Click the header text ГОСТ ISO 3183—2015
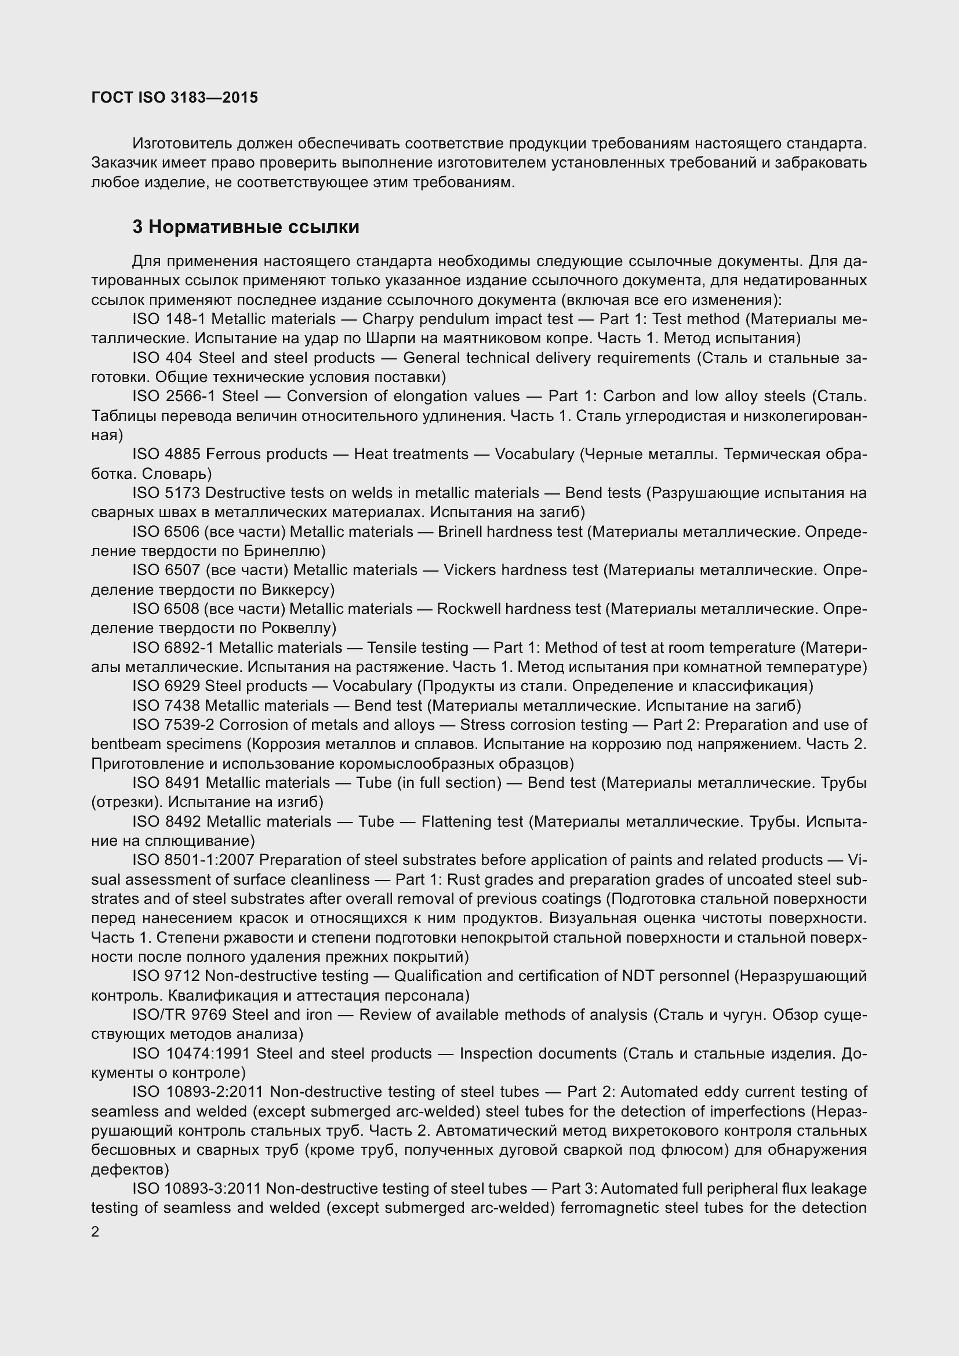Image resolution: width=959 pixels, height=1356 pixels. click(x=175, y=97)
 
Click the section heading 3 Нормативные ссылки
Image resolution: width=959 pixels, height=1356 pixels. click(x=246, y=227)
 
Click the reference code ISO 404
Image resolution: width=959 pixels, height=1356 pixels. click(x=162, y=358)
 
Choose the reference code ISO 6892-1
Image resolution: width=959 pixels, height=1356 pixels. click(x=172, y=648)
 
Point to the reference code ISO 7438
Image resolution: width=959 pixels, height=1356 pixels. click(x=166, y=706)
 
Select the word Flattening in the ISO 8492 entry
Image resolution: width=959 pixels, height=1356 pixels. click(x=454, y=821)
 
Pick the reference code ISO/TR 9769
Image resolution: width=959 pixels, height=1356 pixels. click(x=180, y=1015)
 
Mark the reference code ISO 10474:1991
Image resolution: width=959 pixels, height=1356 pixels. click(x=191, y=1053)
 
